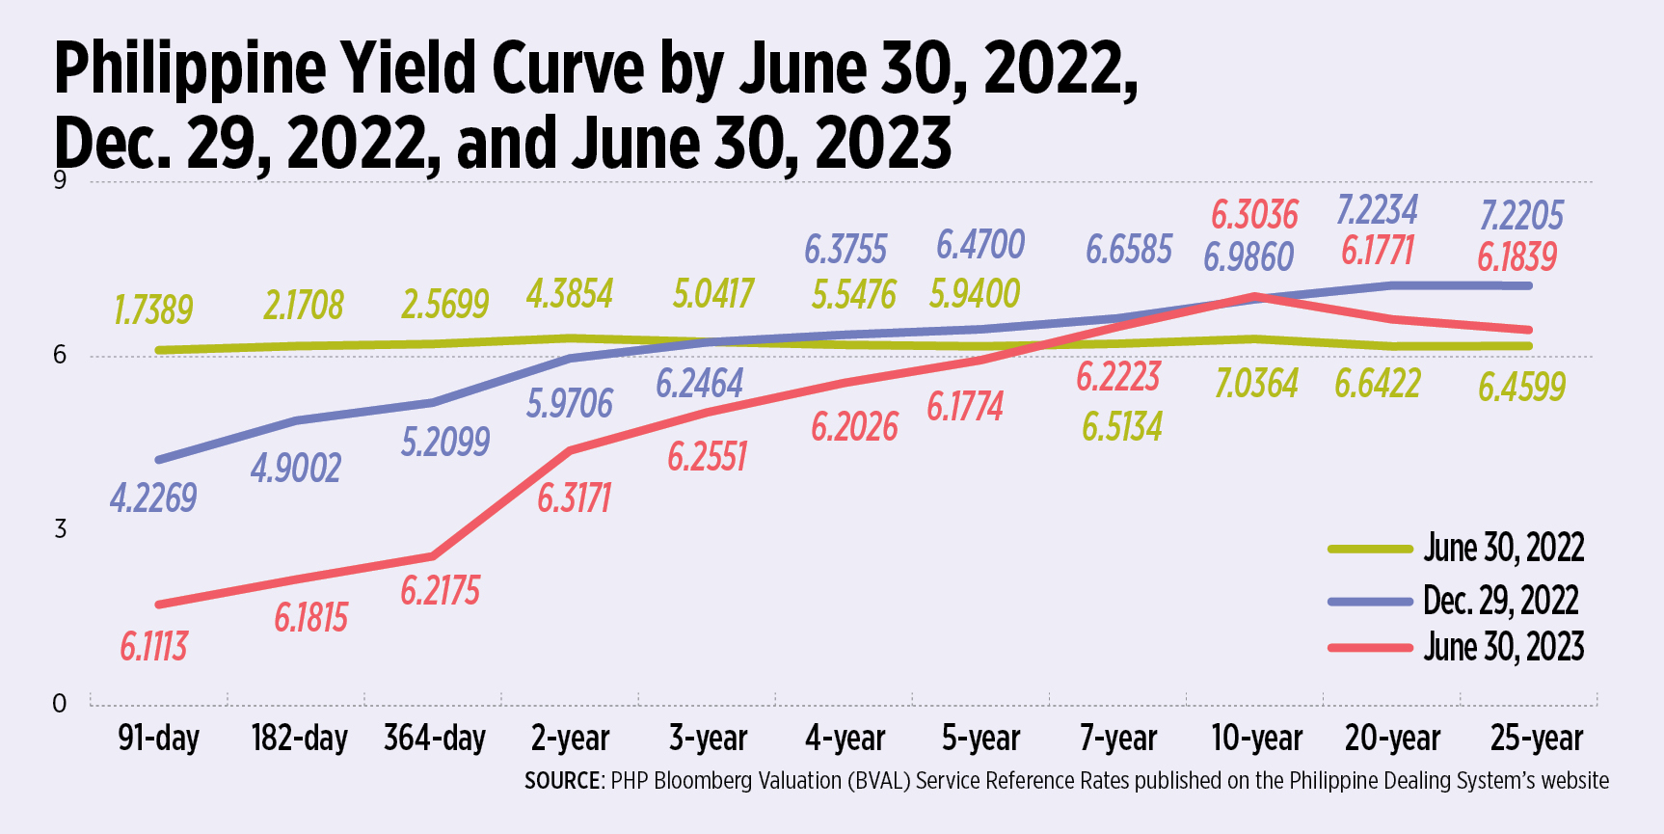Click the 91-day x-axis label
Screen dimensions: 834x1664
(x=158, y=738)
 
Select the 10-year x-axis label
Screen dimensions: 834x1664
(x=1256, y=738)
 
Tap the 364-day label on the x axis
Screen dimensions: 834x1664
(x=435, y=738)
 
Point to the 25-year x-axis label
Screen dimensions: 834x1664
(x=1536, y=738)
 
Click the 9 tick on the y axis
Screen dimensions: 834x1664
(x=60, y=180)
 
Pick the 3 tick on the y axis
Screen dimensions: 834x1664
(x=60, y=528)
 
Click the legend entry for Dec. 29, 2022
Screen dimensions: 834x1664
(x=1500, y=601)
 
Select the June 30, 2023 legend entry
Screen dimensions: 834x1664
(x=1503, y=647)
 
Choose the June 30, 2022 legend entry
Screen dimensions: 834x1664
(x=1503, y=548)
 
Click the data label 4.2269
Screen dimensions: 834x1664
(x=153, y=498)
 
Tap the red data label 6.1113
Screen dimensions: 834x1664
(x=153, y=646)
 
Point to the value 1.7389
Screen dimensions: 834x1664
(x=153, y=309)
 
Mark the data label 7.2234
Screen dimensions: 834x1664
(x=1377, y=209)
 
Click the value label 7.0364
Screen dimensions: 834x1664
(x=1256, y=384)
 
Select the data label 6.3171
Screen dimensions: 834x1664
(x=574, y=498)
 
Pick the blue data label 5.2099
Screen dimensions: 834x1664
(x=445, y=442)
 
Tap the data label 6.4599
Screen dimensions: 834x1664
(x=1521, y=387)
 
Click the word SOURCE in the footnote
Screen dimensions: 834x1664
(x=563, y=781)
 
